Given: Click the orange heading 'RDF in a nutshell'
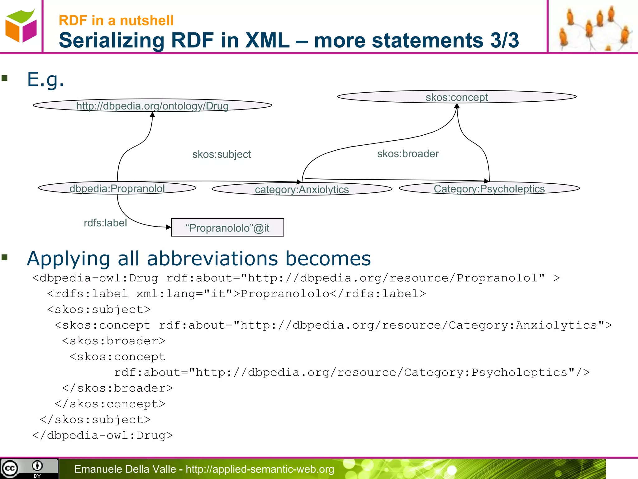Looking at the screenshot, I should pos(116,21).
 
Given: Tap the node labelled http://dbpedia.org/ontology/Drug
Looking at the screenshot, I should pos(152,106).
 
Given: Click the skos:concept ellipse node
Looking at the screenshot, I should pos(457,97).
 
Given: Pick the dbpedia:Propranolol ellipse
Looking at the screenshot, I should pos(117,188).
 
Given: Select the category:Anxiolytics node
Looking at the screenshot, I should pos(302,189).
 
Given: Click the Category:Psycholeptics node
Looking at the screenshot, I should pos(489,189).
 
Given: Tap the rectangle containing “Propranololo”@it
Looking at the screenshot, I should pos(227,228).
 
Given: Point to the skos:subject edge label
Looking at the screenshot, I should pos(221,154).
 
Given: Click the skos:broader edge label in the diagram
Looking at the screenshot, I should pos(408,154).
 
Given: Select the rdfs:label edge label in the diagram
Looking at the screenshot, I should pos(105,223).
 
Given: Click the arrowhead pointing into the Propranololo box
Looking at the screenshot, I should pos(169,227).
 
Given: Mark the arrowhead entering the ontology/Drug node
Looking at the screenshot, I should pos(152,114).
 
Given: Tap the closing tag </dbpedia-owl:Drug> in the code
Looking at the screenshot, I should pos(102,435).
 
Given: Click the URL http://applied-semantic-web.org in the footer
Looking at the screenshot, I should pos(260,469).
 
